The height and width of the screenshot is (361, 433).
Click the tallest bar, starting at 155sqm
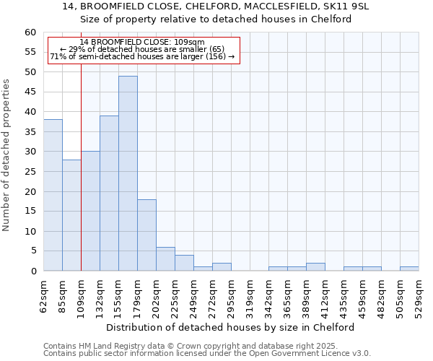pyautogui.click(x=128, y=173)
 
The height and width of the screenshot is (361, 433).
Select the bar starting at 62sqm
pyautogui.click(x=53, y=195)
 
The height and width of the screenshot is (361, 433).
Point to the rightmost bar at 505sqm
pyautogui.click(x=409, y=269)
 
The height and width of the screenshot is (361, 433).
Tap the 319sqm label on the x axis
pyautogui.click(x=250, y=297)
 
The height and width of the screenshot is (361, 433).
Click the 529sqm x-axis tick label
pyautogui.click(x=419, y=297)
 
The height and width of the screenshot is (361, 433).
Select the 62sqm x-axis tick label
pyautogui.click(x=44, y=297)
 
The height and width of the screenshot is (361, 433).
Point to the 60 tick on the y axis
pyautogui.click(x=30, y=32)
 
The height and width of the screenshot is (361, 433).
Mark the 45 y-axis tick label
pyautogui.click(x=30, y=92)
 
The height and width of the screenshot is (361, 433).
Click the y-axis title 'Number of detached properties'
pyautogui.click(x=6, y=155)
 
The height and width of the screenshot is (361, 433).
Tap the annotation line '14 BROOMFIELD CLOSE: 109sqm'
pyautogui.click(x=142, y=42)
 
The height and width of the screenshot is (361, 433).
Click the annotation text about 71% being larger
pyautogui.click(x=142, y=56)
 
